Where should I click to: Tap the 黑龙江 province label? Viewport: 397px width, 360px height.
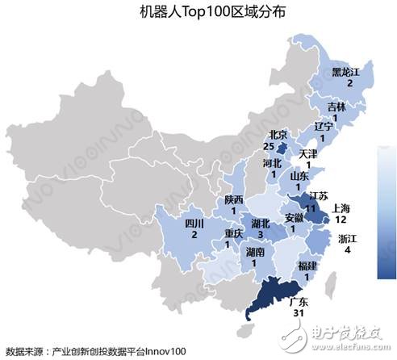[x=348, y=71]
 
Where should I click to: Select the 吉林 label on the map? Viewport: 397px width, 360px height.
[x=336, y=107]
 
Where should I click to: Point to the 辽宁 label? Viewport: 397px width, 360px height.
[x=323, y=127]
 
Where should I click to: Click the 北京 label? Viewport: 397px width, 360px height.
[x=276, y=135]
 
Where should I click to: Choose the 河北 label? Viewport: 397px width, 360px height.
[x=272, y=163]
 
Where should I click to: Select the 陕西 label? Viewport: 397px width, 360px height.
[x=235, y=199]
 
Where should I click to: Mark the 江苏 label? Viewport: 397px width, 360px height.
[x=319, y=197]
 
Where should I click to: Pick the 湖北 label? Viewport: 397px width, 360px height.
[x=261, y=223]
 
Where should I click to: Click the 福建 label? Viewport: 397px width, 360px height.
[x=307, y=266]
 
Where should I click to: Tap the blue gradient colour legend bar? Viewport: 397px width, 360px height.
[x=387, y=211]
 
